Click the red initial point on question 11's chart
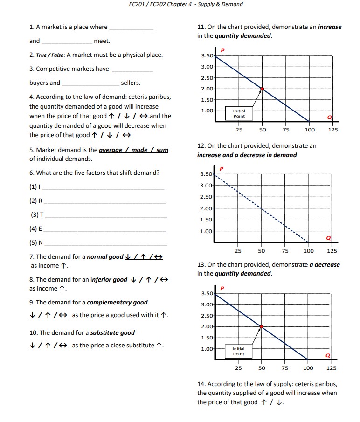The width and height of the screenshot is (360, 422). pos(262,89)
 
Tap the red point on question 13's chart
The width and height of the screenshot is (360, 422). pos(261,327)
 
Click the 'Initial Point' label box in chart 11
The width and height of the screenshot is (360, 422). pos(239,113)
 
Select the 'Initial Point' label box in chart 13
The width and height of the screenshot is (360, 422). pos(238,351)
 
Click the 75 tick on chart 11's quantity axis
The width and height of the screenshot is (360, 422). pos(286,130)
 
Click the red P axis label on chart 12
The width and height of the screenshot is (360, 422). pos(222,168)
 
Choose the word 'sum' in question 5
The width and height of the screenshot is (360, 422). pos(162,150)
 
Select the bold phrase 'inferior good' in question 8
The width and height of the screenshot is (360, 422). pos(108,280)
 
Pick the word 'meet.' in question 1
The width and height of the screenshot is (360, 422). pos(102,41)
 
